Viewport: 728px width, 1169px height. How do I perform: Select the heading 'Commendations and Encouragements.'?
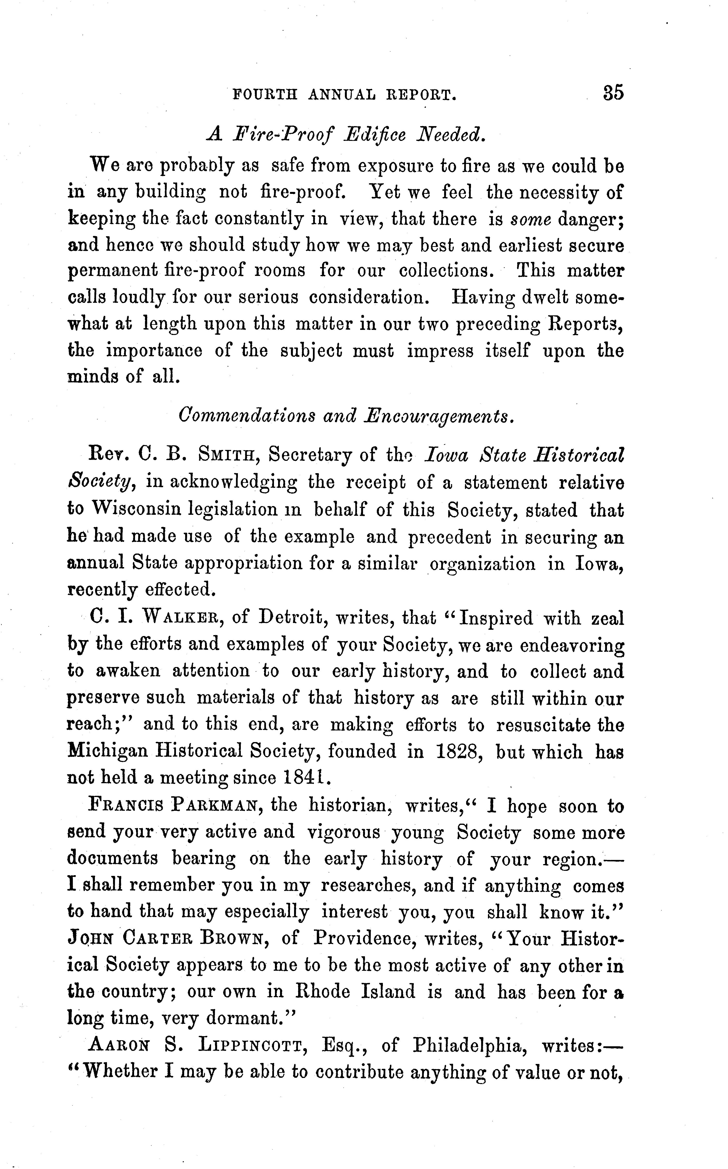[x=346, y=415]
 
